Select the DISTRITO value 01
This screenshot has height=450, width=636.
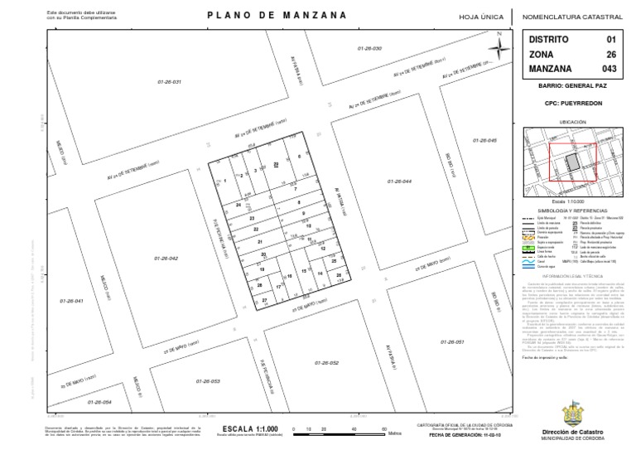(x=612, y=39)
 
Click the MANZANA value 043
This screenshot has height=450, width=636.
(x=609, y=68)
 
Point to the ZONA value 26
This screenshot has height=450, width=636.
(x=612, y=54)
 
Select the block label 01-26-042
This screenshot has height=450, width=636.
(x=166, y=259)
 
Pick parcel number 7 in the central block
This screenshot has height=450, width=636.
(x=295, y=190)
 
